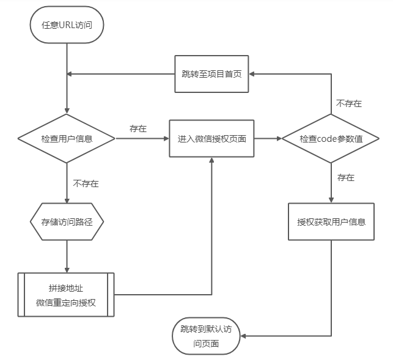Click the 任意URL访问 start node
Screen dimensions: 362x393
click(x=66, y=25)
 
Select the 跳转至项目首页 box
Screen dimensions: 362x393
click(x=211, y=74)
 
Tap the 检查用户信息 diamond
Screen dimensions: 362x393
click(x=67, y=139)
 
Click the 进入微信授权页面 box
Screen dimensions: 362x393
click(x=211, y=139)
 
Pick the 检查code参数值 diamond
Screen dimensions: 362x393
click(x=331, y=139)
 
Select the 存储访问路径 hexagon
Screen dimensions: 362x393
click(x=67, y=221)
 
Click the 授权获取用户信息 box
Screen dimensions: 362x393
click(x=331, y=221)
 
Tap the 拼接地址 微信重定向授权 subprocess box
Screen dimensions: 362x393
click(x=66, y=295)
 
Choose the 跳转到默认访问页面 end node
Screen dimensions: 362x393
click(x=206, y=336)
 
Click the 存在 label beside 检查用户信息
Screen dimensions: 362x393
click(x=138, y=129)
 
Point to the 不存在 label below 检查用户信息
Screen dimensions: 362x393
click(x=86, y=183)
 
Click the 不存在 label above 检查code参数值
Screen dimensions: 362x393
click(x=349, y=103)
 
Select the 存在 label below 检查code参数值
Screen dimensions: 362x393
click(x=346, y=178)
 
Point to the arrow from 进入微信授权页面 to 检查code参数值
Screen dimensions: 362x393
click(x=268, y=139)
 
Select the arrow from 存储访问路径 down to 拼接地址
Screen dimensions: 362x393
click(x=67, y=255)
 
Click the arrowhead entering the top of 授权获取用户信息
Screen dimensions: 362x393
click(x=331, y=199)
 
